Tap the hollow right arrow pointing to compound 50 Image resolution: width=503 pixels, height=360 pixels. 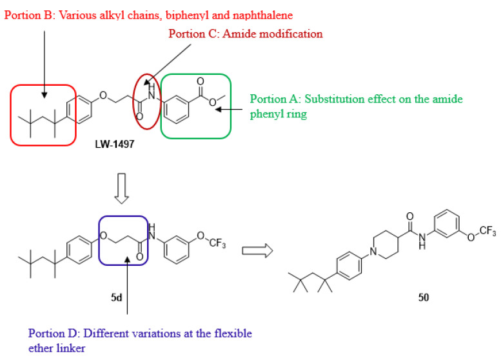pos(255,250)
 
